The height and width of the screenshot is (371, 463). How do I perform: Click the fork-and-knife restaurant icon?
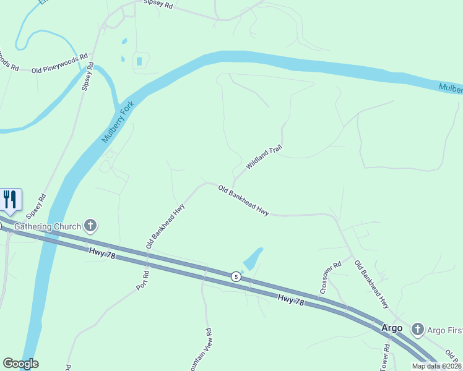[11, 199]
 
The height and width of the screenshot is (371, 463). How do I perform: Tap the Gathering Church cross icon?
[90, 226]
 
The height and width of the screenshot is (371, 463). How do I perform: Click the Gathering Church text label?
[48, 226]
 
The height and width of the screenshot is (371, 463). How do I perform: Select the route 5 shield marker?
[236, 276]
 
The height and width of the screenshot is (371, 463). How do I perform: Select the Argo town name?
[392, 328]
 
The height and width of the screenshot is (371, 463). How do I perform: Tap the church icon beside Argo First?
[418, 329]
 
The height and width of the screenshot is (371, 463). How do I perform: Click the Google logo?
[20, 364]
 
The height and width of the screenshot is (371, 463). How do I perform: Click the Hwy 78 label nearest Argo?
[291, 300]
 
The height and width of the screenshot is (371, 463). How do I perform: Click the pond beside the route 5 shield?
[253, 258]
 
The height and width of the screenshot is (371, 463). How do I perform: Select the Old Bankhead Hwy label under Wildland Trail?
[243, 201]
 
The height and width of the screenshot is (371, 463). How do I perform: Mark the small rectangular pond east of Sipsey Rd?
[139, 61]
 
